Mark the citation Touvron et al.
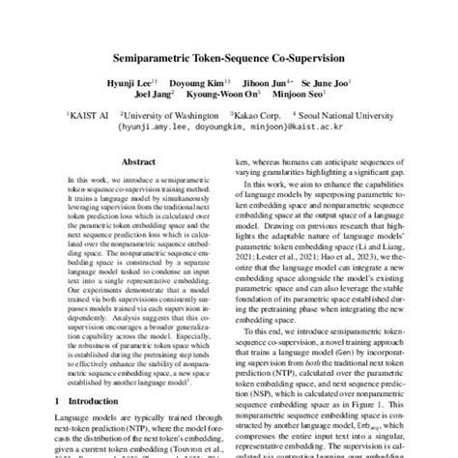(x=186, y=446)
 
